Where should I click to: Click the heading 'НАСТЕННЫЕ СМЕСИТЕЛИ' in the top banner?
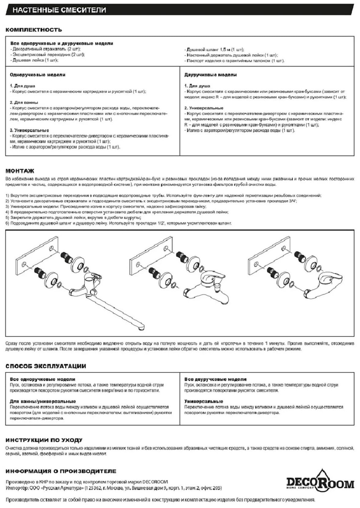point(60,10)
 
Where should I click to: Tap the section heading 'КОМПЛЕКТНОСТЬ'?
point(34,30)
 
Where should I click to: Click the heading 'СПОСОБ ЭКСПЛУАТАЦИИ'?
point(46,366)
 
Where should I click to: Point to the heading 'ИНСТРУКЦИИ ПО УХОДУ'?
point(44,440)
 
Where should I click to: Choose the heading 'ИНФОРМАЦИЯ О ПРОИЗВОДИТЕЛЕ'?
point(61,471)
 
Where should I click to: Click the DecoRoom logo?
point(319,484)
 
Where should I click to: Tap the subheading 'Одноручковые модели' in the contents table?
point(38,75)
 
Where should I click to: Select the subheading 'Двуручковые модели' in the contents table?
point(211,75)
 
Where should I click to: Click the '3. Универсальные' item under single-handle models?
point(30,130)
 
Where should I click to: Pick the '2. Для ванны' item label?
point(24,103)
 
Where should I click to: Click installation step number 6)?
point(8,223)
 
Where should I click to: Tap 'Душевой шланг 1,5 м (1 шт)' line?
point(214,50)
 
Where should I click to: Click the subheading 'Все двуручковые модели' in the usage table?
point(215,379)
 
